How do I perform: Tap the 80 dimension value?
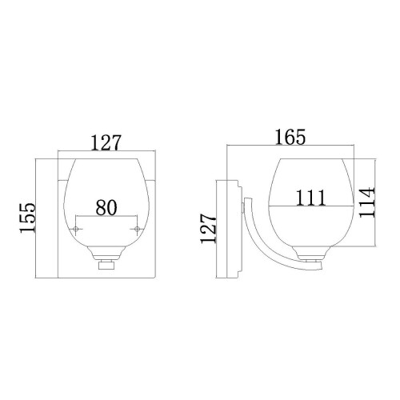(106, 206)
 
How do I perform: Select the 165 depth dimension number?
(289, 137)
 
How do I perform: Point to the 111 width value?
(308, 197)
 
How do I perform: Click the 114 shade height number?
(366, 204)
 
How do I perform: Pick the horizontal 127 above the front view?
(107, 144)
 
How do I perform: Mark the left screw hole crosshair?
(76, 230)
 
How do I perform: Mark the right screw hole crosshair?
(138, 230)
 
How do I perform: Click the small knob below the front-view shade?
(107, 267)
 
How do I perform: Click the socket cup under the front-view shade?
(107, 254)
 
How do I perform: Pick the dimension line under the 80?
(107, 217)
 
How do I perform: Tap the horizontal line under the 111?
(309, 206)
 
